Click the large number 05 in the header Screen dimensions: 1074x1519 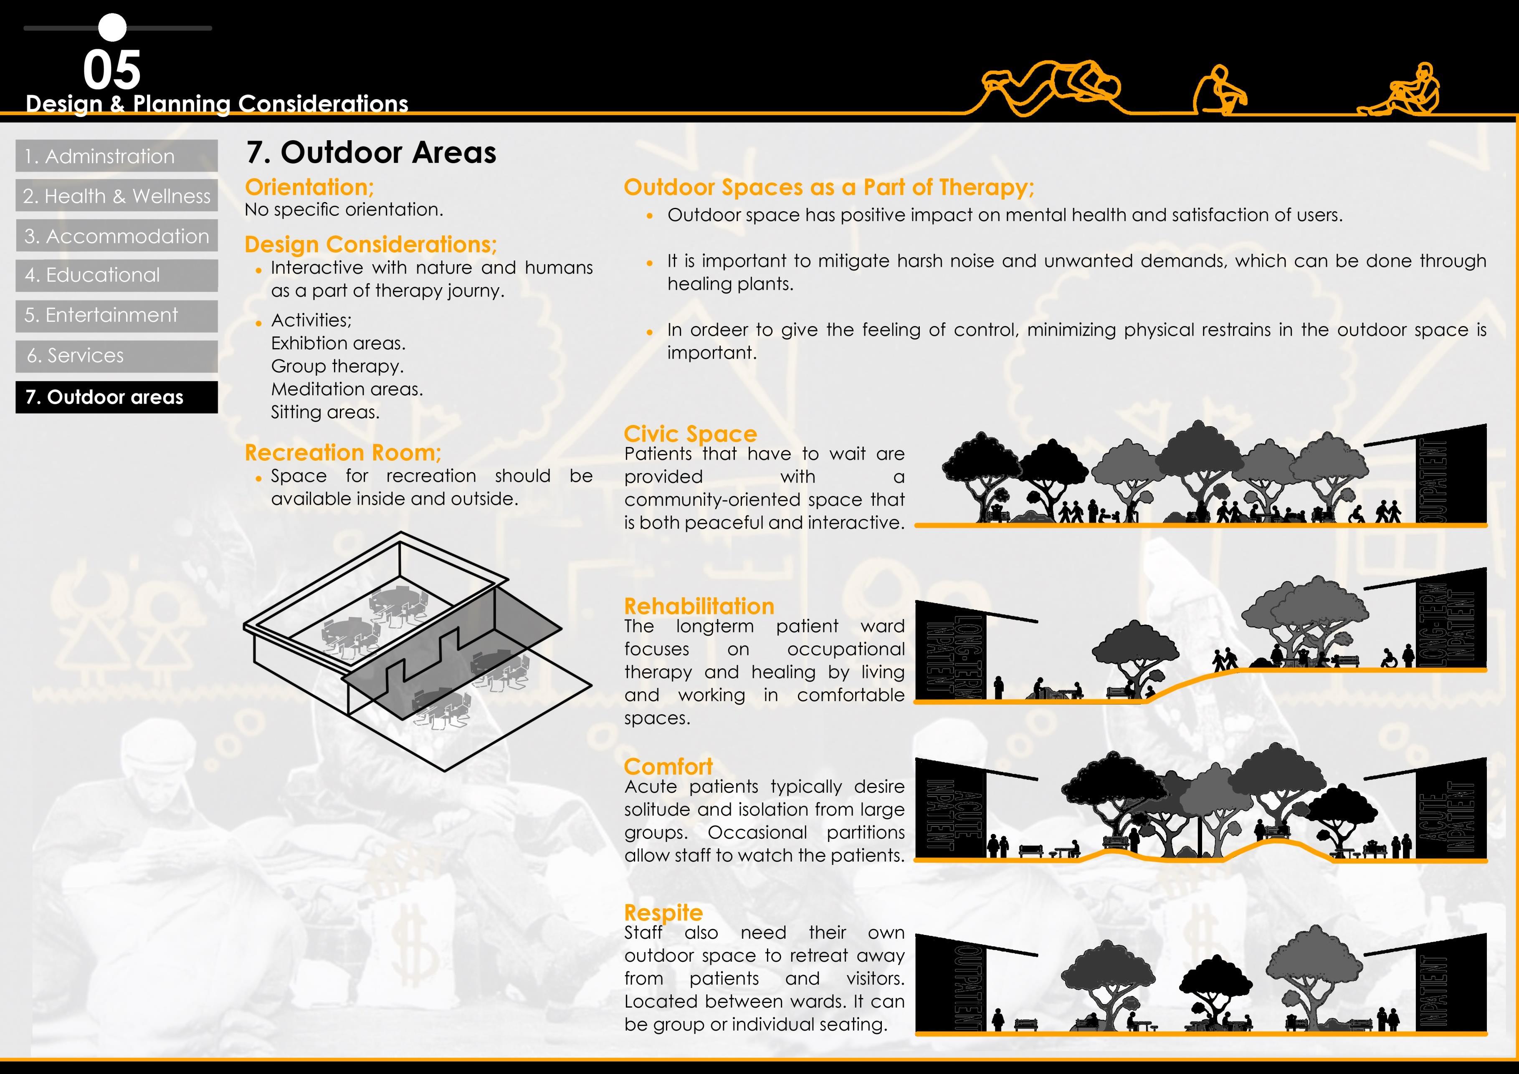(112, 70)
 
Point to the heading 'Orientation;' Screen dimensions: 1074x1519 (309, 187)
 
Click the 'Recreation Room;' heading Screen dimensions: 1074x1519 (343, 452)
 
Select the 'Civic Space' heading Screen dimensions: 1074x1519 (690, 434)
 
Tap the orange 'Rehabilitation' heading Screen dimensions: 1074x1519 (699, 606)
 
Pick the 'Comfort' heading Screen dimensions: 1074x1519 (668, 766)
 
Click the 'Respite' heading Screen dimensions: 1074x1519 (663, 912)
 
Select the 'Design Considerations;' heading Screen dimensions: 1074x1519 (370, 244)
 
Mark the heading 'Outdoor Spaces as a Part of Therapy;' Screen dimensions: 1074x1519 (828, 187)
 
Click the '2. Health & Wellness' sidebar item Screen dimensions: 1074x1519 (116, 196)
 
